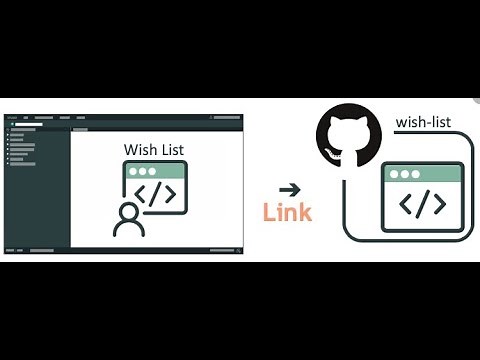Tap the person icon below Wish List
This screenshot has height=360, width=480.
coord(129,219)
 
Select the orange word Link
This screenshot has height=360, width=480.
coord(287,212)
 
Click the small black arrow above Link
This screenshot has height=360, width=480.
coord(289,188)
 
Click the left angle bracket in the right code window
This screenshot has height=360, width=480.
coord(406,204)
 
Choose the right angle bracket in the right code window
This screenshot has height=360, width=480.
coord(439,204)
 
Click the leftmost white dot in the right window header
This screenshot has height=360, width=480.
coord(393,173)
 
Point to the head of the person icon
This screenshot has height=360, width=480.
coord(129,209)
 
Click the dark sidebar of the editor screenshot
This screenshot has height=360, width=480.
coord(36,190)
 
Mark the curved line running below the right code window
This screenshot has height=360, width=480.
coord(400,240)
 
